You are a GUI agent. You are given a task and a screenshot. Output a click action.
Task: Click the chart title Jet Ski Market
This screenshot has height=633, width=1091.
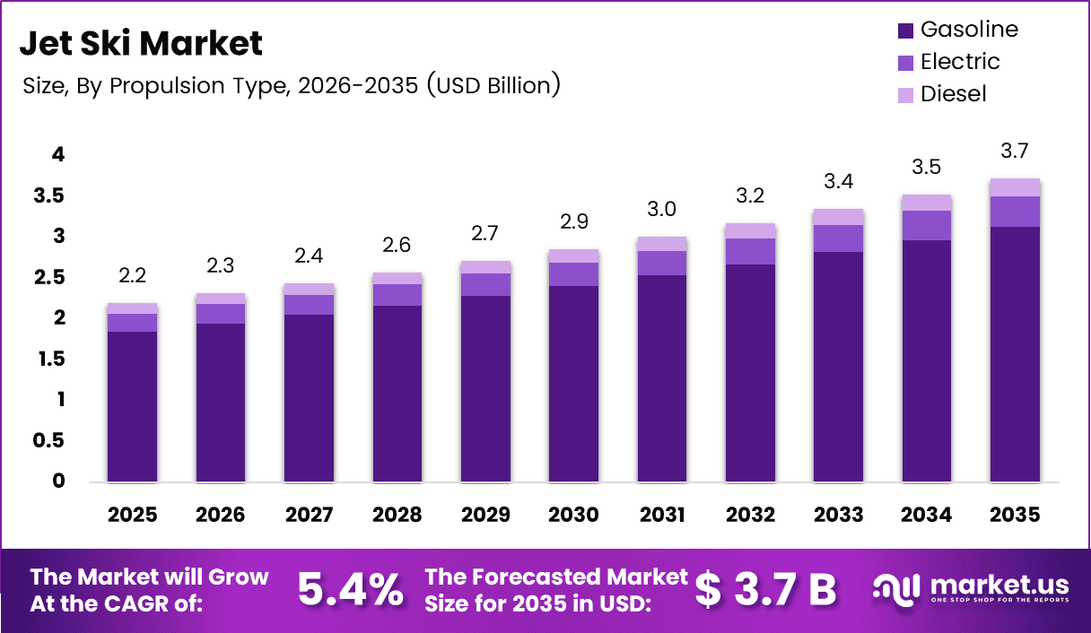(141, 42)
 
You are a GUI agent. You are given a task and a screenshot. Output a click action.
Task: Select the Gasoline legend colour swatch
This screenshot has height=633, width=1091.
(905, 30)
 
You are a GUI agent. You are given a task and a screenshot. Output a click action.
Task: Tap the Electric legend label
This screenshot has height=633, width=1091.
(960, 62)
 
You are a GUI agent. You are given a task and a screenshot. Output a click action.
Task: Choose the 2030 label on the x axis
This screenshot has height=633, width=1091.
(573, 515)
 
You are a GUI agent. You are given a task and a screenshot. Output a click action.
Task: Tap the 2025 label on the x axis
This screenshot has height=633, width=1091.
(132, 515)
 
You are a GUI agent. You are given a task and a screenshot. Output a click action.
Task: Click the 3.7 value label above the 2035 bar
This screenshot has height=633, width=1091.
(1014, 151)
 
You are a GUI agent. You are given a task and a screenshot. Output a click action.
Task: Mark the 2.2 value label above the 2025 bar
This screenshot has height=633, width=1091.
(132, 274)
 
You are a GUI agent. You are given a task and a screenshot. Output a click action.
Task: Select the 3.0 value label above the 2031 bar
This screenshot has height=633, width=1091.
(661, 209)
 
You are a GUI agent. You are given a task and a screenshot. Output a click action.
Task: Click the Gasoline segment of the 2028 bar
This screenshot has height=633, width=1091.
(397, 395)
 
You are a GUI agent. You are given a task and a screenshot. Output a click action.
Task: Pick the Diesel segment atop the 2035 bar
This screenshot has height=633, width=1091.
(1015, 187)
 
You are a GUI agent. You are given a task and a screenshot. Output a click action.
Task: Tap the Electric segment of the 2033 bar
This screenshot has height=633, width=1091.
(838, 238)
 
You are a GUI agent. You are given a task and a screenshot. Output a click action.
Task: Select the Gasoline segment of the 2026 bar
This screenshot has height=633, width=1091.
(221, 403)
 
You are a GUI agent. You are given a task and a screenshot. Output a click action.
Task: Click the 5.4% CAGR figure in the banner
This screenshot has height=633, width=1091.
(350, 589)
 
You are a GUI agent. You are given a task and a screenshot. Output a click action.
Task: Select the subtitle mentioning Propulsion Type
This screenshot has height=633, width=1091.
(291, 85)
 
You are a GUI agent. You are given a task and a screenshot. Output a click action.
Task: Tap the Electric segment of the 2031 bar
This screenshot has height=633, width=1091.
(661, 263)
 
